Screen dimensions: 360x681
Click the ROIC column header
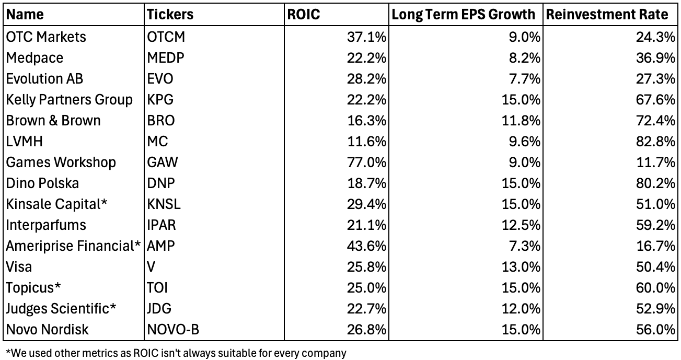pos(304,15)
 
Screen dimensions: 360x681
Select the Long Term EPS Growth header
pos(463,15)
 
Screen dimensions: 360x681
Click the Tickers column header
pos(170,15)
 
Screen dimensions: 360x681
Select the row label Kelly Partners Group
pos(70,100)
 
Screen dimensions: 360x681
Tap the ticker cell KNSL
pos(164,204)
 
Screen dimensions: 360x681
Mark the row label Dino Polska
pos(43,183)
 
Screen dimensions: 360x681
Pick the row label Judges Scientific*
pos(61,309)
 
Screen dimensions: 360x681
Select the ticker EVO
pos(160,79)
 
